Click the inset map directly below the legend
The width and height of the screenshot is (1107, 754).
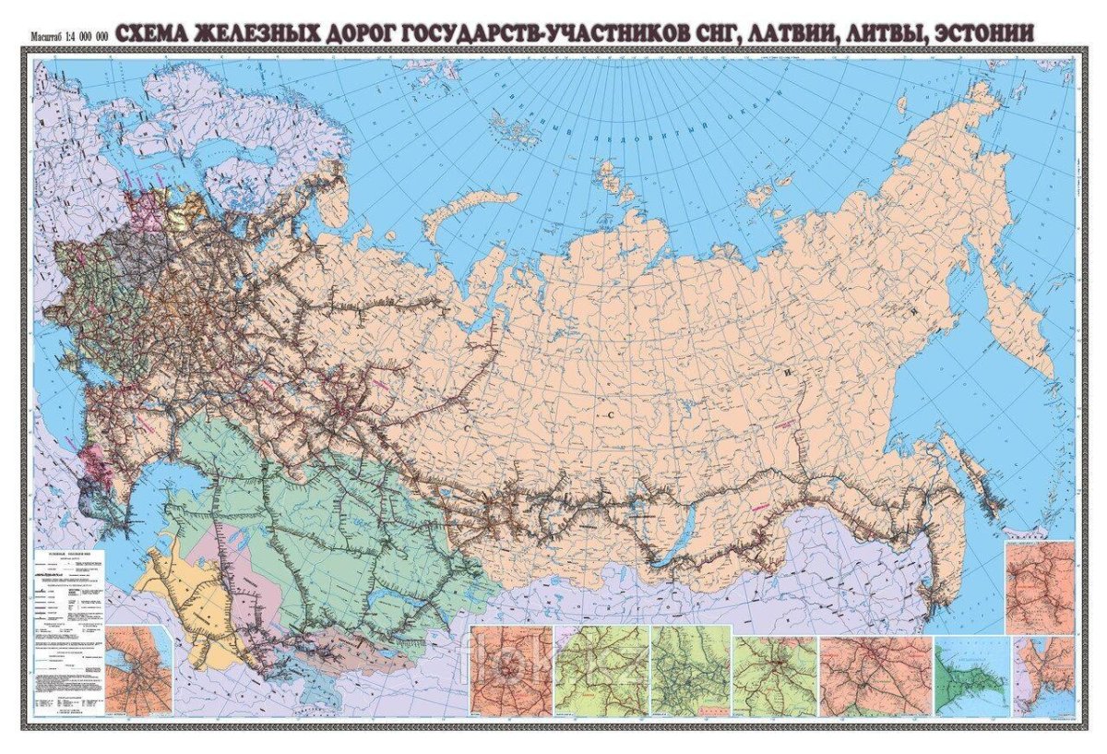pos(137,670)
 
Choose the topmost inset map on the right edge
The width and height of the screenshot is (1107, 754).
pos(1040,586)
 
